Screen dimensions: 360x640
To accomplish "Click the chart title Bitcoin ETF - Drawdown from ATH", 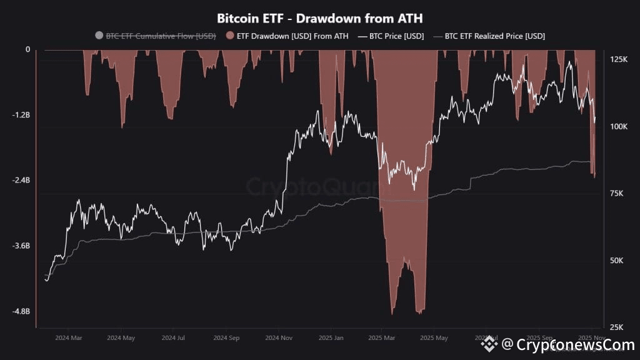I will [x=319, y=18].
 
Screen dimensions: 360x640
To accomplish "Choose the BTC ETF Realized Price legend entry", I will [x=494, y=36].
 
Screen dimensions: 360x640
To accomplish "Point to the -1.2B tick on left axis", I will [x=21, y=115].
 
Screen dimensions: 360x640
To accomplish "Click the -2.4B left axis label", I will [x=21, y=181].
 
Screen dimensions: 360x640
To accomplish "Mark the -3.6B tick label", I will [x=21, y=246].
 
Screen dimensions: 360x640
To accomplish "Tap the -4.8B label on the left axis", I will [x=21, y=311].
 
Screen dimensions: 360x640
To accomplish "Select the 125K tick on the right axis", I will [x=618, y=59].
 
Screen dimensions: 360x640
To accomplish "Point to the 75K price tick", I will [x=617, y=194].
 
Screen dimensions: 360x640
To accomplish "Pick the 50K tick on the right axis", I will [x=617, y=261].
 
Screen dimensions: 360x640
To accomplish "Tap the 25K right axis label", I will [x=617, y=327].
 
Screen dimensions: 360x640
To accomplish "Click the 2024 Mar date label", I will [x=68, y=338].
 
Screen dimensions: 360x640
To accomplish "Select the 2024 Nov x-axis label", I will [x=279, y=338].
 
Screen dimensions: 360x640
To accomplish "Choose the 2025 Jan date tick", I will [x=332, y=338].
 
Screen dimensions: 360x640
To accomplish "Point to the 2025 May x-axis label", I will [x=434, y=338].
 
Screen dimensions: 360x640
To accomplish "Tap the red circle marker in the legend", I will [x=231, y=36].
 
